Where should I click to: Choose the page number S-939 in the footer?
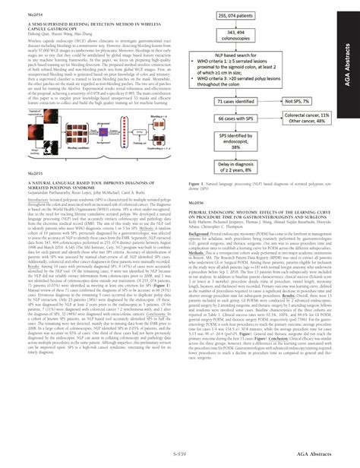pyautogui.click(x=179, y=453)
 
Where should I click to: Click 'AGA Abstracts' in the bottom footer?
pyautogui.click(x=304, y=453)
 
